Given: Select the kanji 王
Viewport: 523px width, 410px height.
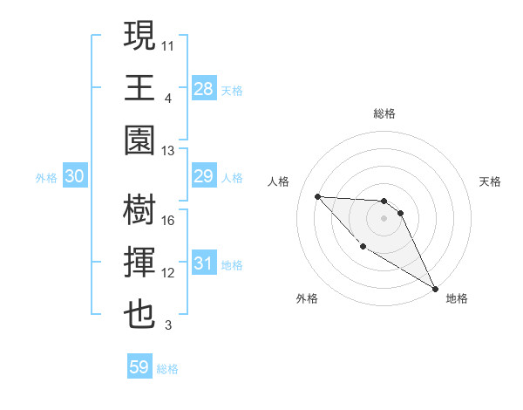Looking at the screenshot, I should point(139,88).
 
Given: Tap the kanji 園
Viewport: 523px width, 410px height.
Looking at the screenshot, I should point(139,141).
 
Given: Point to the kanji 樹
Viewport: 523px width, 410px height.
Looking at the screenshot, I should point(139,209).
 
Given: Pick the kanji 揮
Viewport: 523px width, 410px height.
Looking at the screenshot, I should point(139,263).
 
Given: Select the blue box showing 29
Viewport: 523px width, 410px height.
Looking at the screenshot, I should point(203,177).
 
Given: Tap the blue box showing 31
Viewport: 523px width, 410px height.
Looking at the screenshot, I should point(203,263).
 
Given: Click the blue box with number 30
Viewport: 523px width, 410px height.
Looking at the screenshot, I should point(74,177).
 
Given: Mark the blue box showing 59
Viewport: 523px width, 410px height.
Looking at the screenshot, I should point(139,367).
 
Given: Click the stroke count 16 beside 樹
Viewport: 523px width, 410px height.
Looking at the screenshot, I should point(168,220).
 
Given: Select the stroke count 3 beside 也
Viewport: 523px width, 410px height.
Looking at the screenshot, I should point(167,326).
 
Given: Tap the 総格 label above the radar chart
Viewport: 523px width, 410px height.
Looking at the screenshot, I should point(384,113).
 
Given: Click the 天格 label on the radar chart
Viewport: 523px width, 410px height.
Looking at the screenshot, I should point(490,181).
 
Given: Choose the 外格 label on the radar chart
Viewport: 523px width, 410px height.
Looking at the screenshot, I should point(307,299).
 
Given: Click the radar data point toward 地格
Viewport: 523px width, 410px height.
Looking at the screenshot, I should point(436,289).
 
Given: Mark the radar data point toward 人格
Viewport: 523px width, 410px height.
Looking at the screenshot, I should point(317,196).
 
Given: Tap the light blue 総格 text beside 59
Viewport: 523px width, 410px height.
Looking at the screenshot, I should point(167,369).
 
